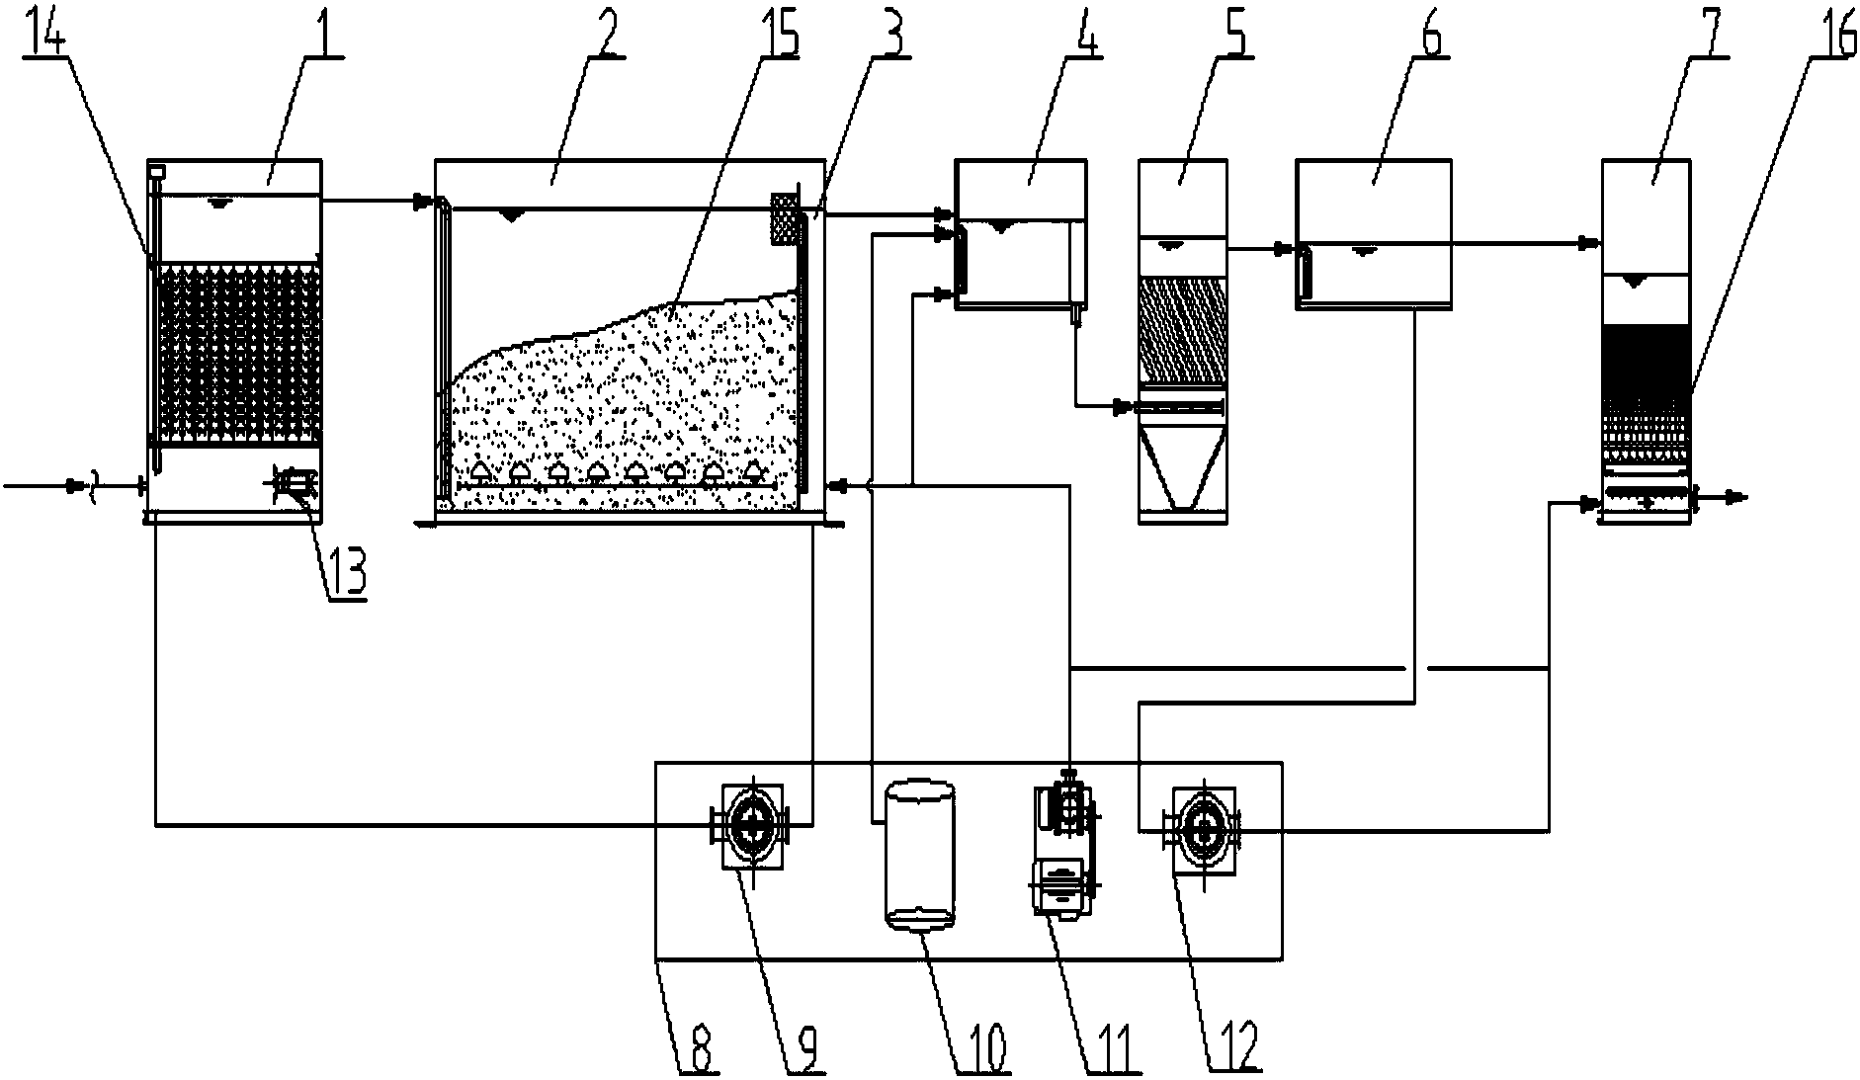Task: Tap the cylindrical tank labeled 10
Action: (x=919, y=855)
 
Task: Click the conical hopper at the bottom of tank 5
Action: (x=1183, y=469)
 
